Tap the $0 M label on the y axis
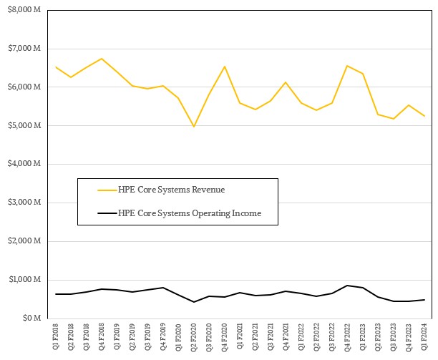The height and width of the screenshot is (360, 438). point(32,318)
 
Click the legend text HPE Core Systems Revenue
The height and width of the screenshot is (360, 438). point(171,190)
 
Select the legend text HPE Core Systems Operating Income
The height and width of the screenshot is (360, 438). point(190,213)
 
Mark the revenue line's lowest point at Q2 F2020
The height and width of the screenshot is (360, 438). point(193,127)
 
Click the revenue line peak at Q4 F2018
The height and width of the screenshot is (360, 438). point(101,59)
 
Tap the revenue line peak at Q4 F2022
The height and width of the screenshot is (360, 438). point(348,66)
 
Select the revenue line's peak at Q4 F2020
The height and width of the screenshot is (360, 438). point(225,67)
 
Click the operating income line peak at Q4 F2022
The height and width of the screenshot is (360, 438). point(348,286)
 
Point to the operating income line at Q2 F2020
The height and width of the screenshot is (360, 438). point(193,302)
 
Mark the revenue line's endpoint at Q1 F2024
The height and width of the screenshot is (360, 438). point(425,116)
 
